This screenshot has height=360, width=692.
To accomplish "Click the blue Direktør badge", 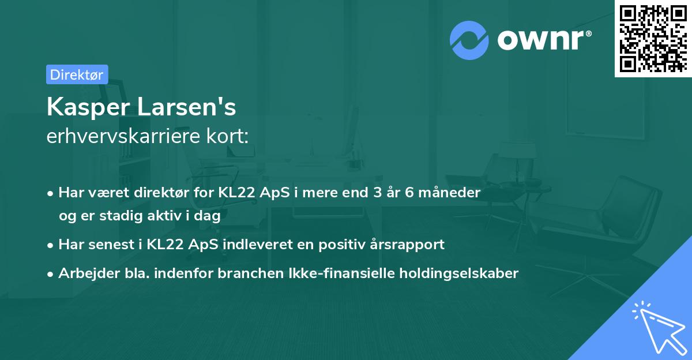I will tap(77, 74).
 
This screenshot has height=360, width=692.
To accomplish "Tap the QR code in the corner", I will tap(653, 38).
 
